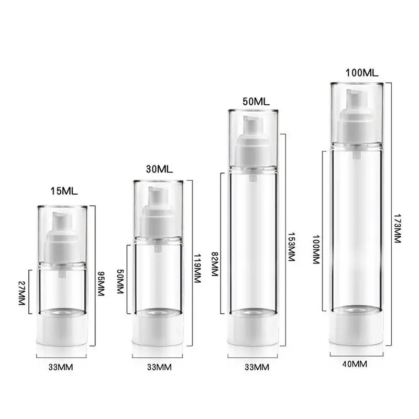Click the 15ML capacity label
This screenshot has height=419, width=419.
pos(64,191)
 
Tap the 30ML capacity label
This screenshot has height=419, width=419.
pos(159,169)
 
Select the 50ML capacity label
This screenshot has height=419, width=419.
pos(256,102)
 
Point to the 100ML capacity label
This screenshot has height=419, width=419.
pos(362,73)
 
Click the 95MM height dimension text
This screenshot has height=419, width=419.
pos(101,284)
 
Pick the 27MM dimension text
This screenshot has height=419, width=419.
pos(21,293)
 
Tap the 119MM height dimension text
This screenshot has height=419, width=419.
pos(197,268)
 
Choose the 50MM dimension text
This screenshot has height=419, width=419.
pos(120,281)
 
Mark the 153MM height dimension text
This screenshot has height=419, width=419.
pos(291,247)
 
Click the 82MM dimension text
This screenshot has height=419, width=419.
pos(215,264)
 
